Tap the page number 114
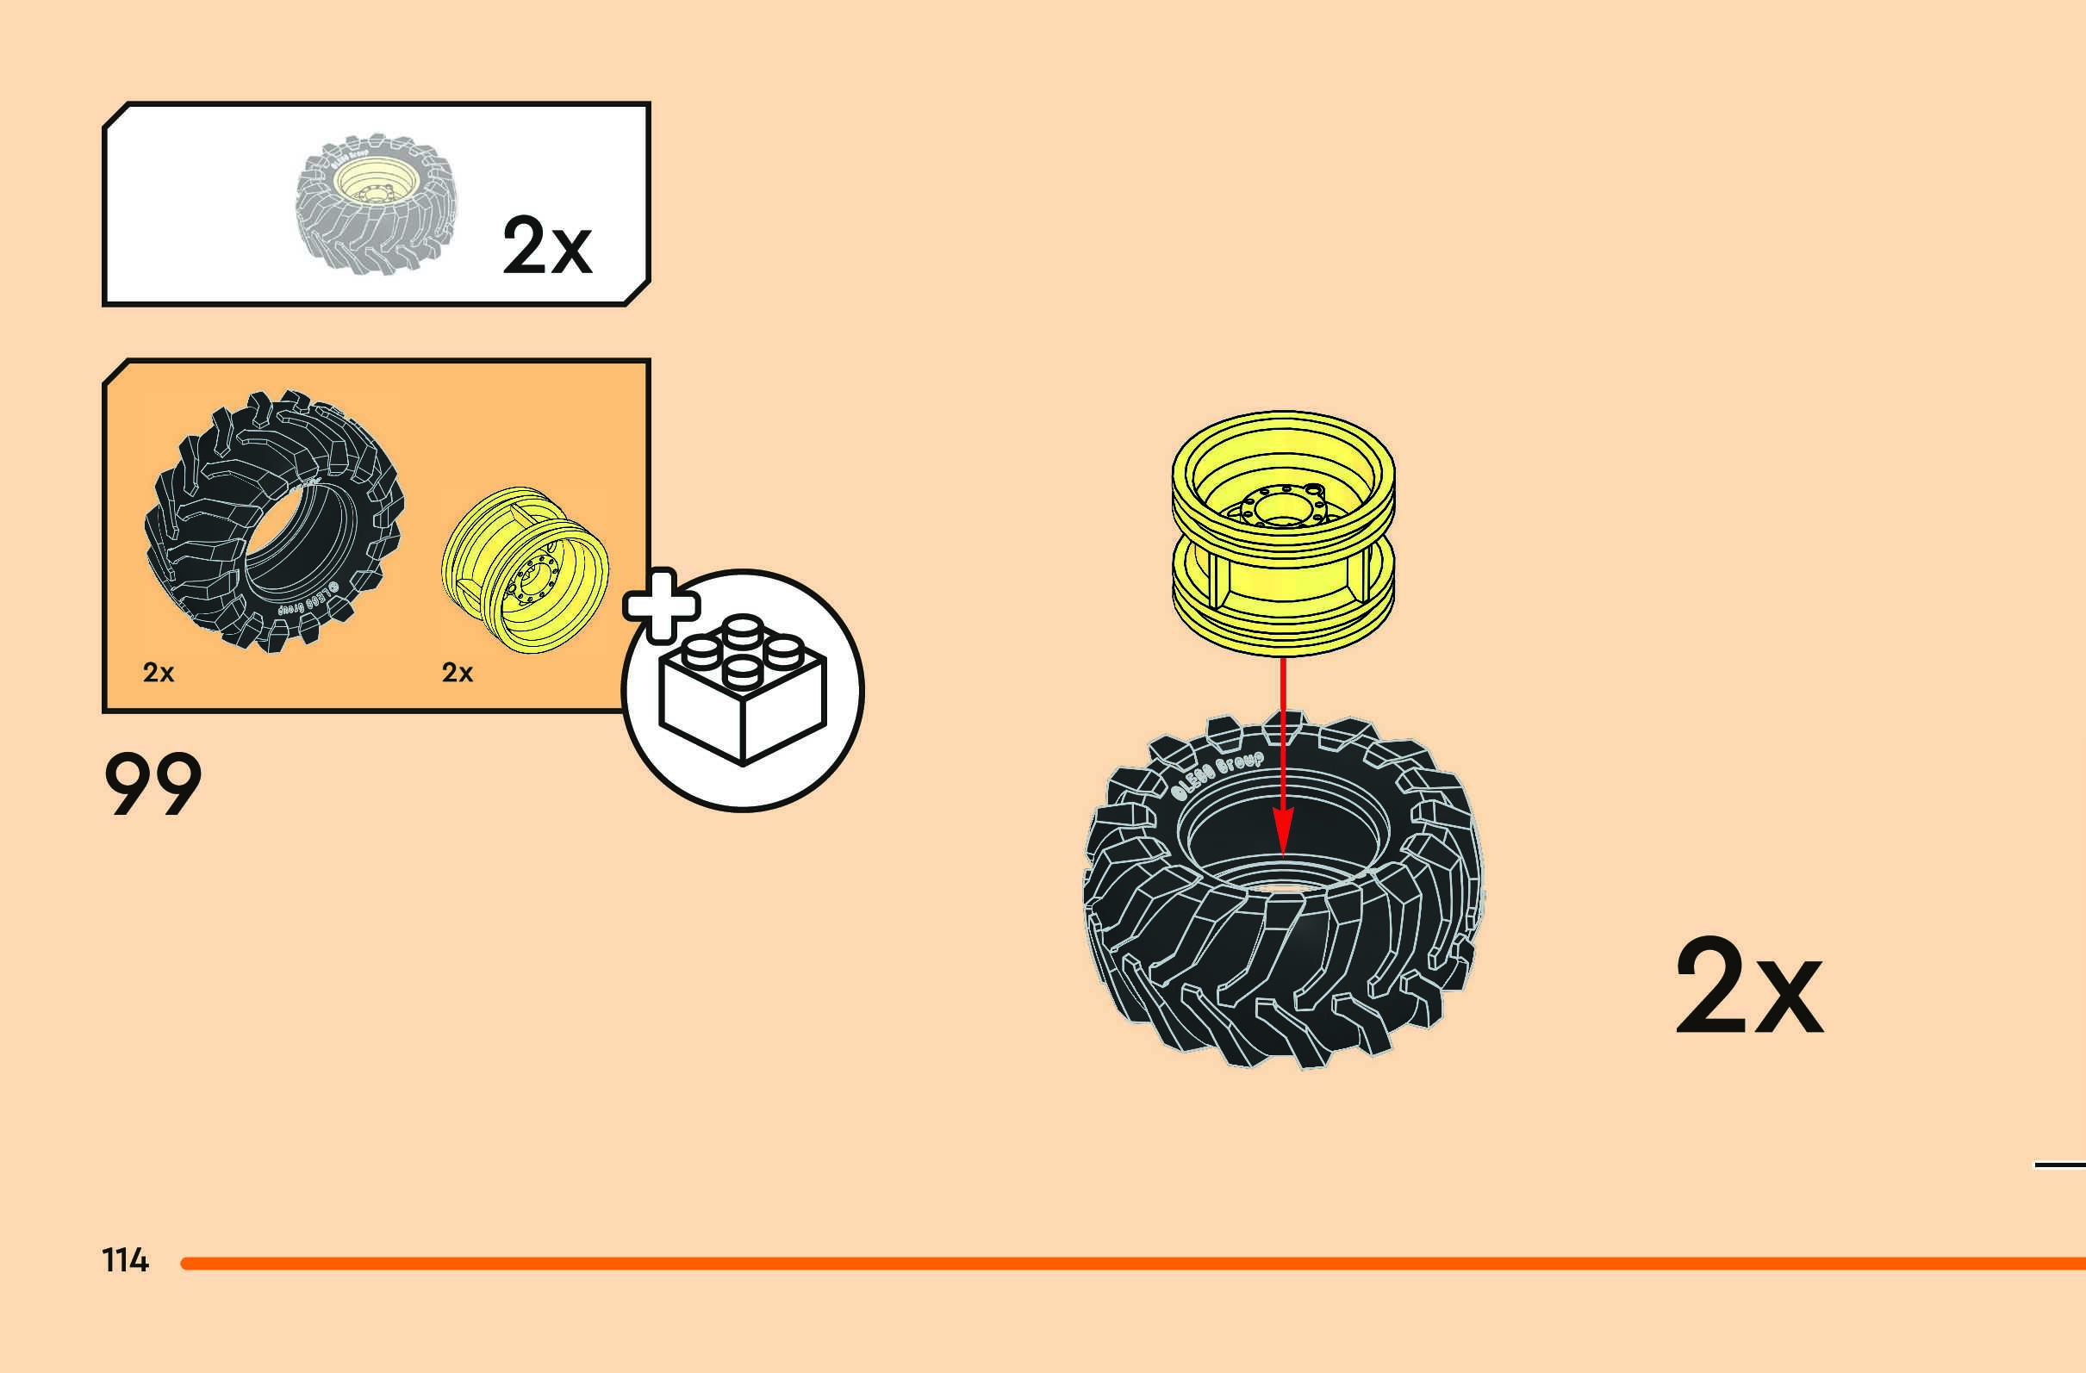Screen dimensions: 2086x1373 (x=125, y=1260)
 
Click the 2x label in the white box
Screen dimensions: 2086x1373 (x=547, y=246)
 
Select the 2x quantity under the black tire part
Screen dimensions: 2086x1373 (x=159, y=672)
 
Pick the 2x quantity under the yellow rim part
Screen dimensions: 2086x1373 (x=457, y=672)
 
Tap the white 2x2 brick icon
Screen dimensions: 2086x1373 (x=743, y=689)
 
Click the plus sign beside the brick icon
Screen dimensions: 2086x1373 (x=661, y=606)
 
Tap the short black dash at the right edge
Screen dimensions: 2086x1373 (x=2059, y=1165)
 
